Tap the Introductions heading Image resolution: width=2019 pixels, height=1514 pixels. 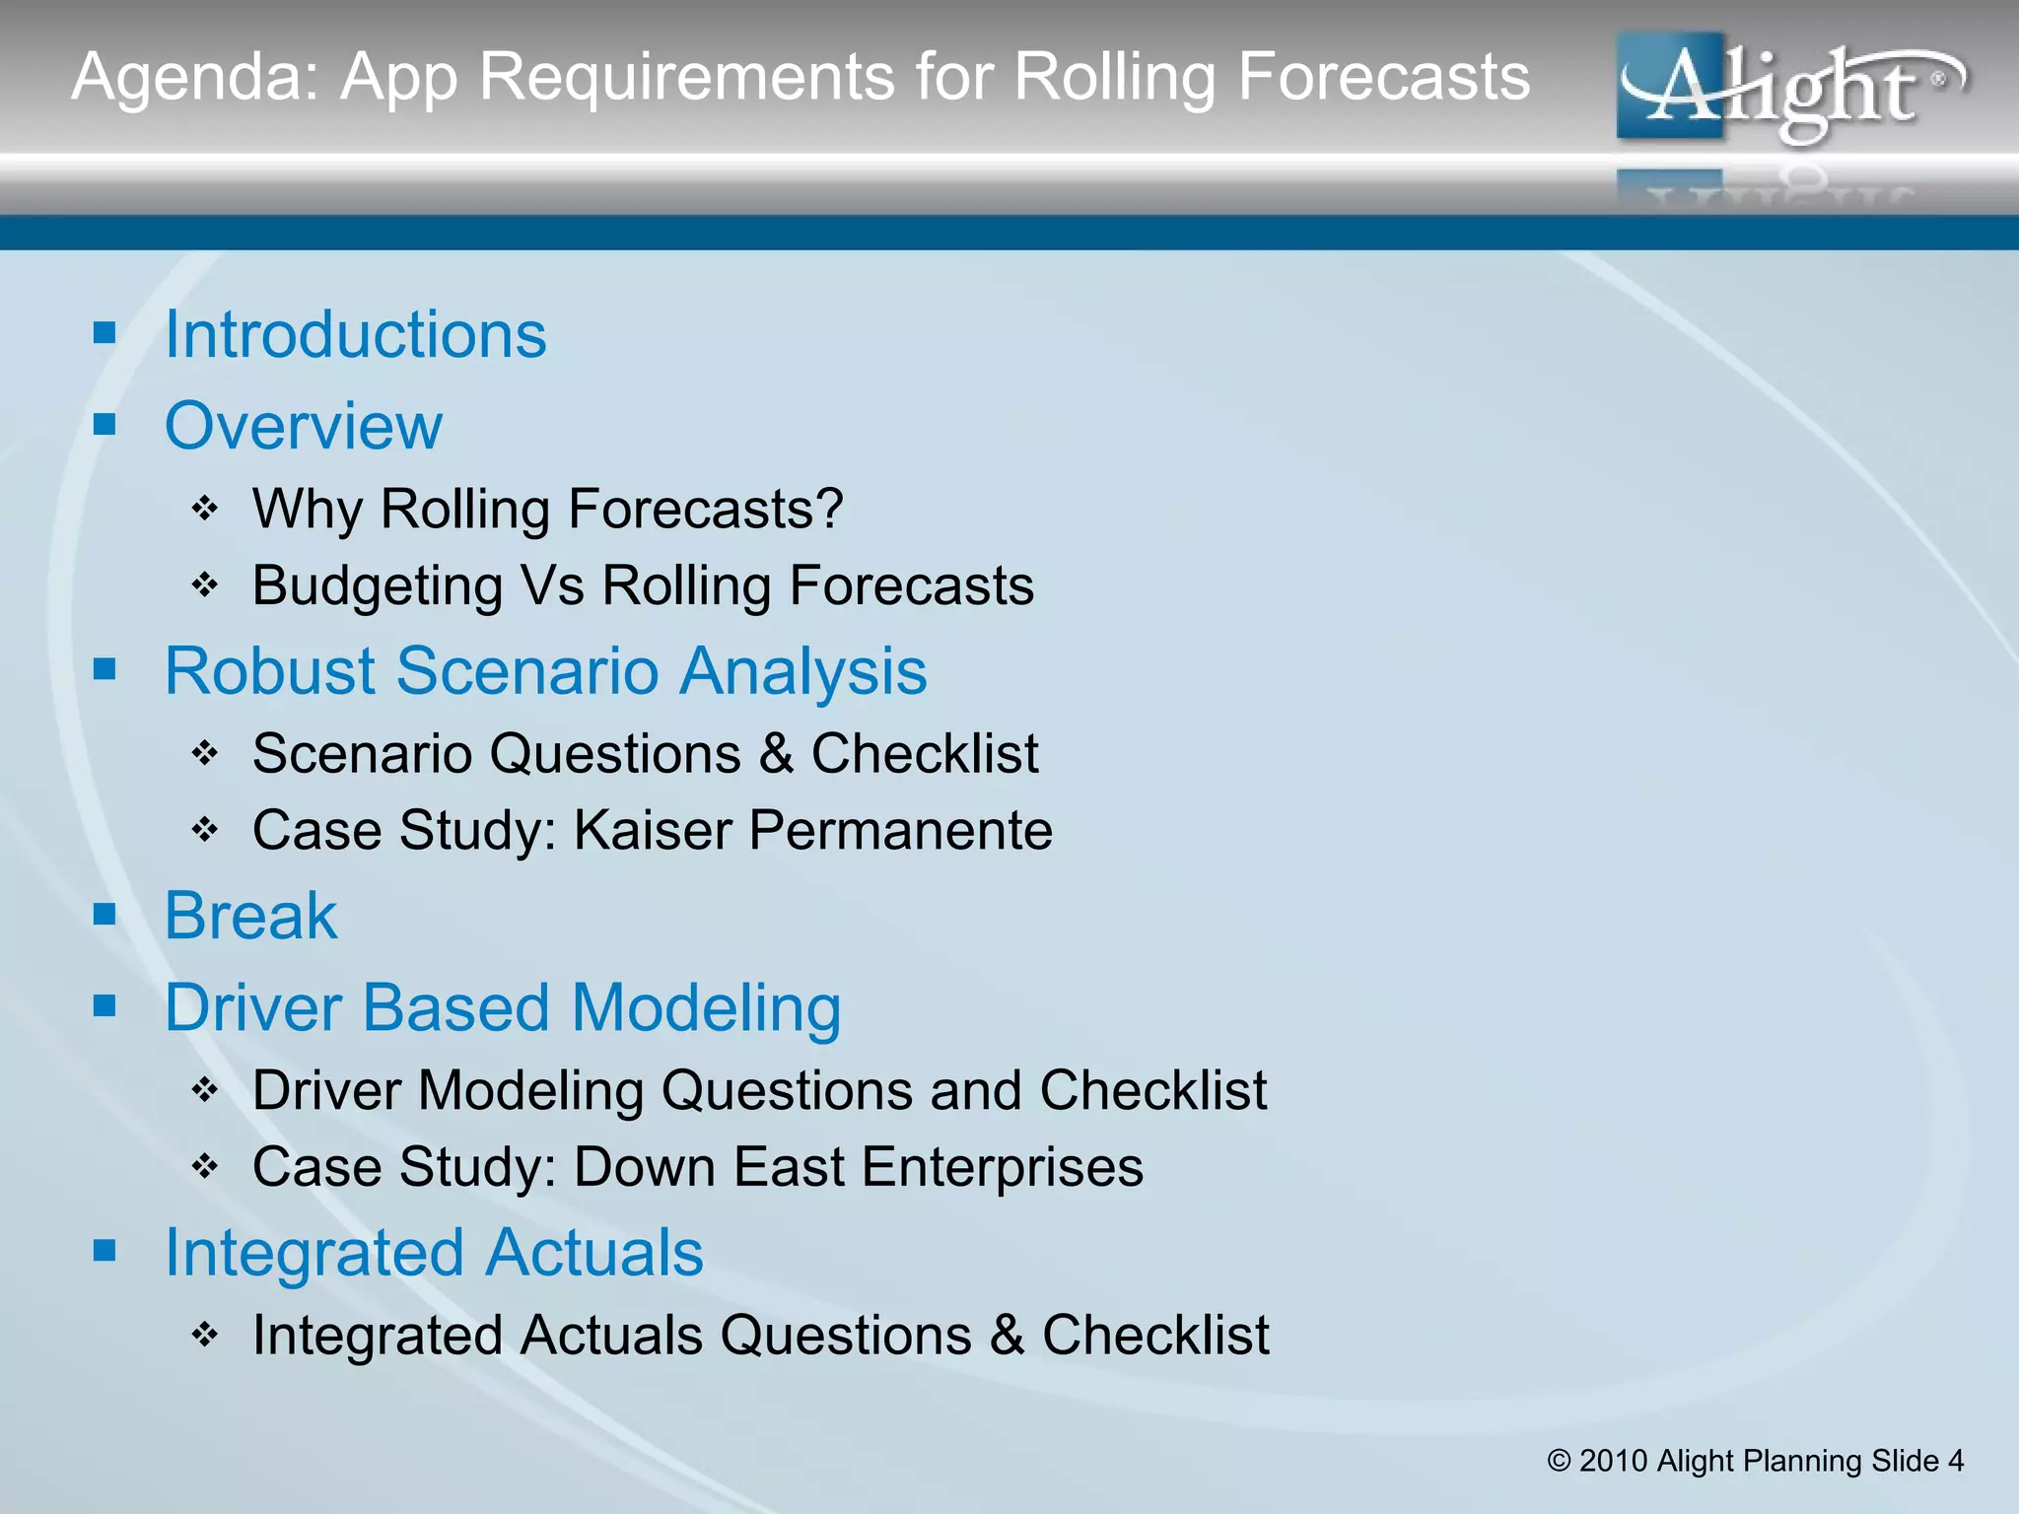[x=355, y=335]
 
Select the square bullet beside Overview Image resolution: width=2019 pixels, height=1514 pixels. [x=104, y=425]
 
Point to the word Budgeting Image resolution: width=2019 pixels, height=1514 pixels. [x=378, y=586]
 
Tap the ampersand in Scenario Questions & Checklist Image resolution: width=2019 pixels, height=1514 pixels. [x=776, y=754]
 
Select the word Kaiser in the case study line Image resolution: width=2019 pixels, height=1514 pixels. [x=653, y=830]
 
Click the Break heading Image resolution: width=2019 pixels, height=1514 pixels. [x=250, y=916]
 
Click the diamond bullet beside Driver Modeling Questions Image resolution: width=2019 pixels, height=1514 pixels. [x=204, y=1090]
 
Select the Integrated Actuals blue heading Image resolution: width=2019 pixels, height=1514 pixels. [x=434, y=1253]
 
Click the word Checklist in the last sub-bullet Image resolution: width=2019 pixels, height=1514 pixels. [x=1155, y=1336]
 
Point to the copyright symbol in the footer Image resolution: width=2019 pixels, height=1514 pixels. [x=1559, y=1461]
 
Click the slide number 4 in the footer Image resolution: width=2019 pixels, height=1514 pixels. [x=1955, y=1461]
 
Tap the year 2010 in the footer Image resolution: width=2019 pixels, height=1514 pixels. [x=1614, y=1461]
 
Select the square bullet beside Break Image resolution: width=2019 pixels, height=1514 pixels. [x=104, y=915]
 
